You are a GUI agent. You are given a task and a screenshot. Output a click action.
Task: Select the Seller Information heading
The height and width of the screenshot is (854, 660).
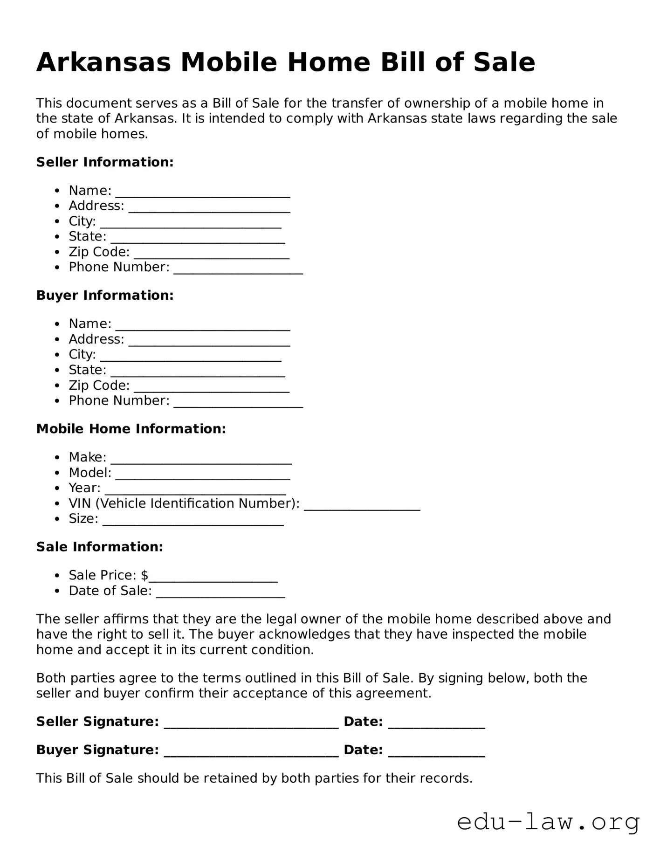[105, 162]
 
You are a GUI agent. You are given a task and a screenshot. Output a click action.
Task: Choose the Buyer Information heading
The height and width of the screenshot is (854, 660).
[105, 296]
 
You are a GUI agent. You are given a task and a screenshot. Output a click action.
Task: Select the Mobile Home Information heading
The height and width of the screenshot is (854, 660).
[131, 429]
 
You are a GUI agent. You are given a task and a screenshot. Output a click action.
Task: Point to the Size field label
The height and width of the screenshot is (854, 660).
[83, 519]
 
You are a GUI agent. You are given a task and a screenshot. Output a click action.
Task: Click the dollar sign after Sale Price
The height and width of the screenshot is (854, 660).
[144, 576]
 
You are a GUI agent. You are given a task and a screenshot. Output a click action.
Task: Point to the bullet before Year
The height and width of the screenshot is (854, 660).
[57, 489]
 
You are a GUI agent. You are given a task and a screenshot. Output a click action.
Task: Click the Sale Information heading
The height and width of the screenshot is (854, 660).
[100, 547]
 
